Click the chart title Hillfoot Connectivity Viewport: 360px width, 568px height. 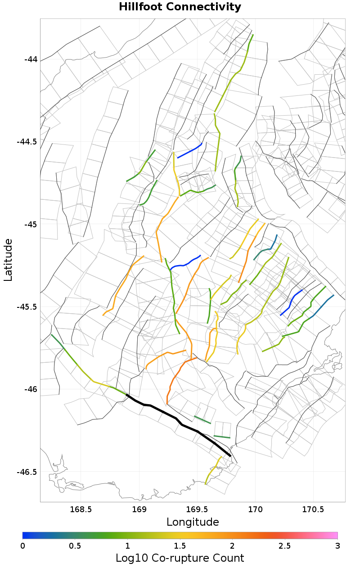pyautogui.click(x=180, y=7)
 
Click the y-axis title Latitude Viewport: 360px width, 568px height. pyautogui.click(x=8, y=260)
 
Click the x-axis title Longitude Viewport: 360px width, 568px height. pyautogui.click(x=193, y=522)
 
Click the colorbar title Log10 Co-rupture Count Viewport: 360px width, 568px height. pyautogui.click(x=180, y=559)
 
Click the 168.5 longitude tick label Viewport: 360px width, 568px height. pyautogui.click(x=81, y=509)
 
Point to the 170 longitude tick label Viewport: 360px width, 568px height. pyautogui.click(x=255, y=509)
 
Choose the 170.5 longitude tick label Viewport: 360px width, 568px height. pyautogui.click(x=313, y=509)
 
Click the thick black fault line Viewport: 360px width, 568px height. pyautogui.click(x=175, y=419)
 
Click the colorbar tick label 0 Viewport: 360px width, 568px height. pyautogui.click(x=22, y=545)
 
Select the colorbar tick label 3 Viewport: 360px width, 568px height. pyautogui.click(x=337, y=545)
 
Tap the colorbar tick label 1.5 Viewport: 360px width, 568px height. pyautogui.click(x=180, y=545)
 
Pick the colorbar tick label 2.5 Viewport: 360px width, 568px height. pyautogui.click(x=285, y=545)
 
